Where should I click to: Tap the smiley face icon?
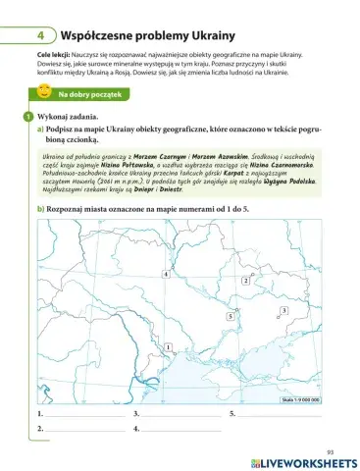(x=44, y=93)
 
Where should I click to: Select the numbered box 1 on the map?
(x=169, y=348)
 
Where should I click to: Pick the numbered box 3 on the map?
(x=283, y=311)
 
